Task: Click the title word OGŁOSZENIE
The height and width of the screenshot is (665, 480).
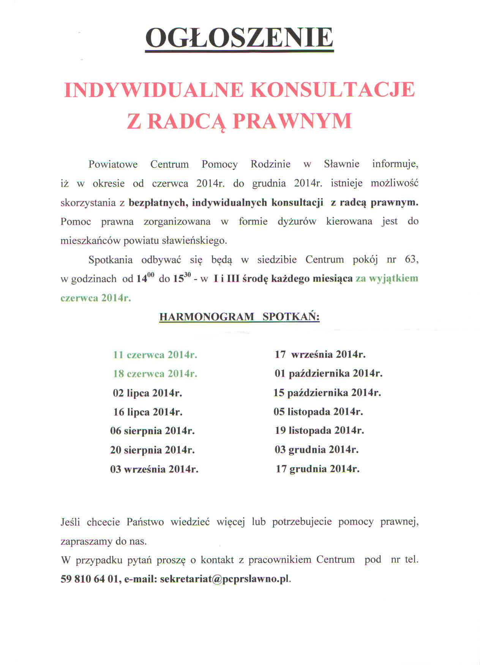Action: (239, 38)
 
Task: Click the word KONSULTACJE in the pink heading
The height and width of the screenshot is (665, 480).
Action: (333, 90)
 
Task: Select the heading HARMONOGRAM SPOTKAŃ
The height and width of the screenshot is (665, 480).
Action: (239, 317)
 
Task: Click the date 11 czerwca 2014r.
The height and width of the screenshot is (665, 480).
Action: (155, 355)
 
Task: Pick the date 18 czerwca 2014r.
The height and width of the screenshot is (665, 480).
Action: (155, 374)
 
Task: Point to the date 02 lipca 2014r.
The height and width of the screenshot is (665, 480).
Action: (147, 393)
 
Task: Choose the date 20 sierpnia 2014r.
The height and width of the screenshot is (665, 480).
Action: (152, 450)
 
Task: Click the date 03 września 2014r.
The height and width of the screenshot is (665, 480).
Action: (154, 469)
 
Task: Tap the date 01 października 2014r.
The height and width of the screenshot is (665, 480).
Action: (328, 373)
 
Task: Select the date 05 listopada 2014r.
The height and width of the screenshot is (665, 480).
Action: (318, 411)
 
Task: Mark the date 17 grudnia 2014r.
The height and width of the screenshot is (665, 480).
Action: (317, 469)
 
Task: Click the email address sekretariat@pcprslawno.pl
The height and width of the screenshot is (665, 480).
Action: (225, 579)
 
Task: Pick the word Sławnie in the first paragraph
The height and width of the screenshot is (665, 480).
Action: (341, 164)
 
